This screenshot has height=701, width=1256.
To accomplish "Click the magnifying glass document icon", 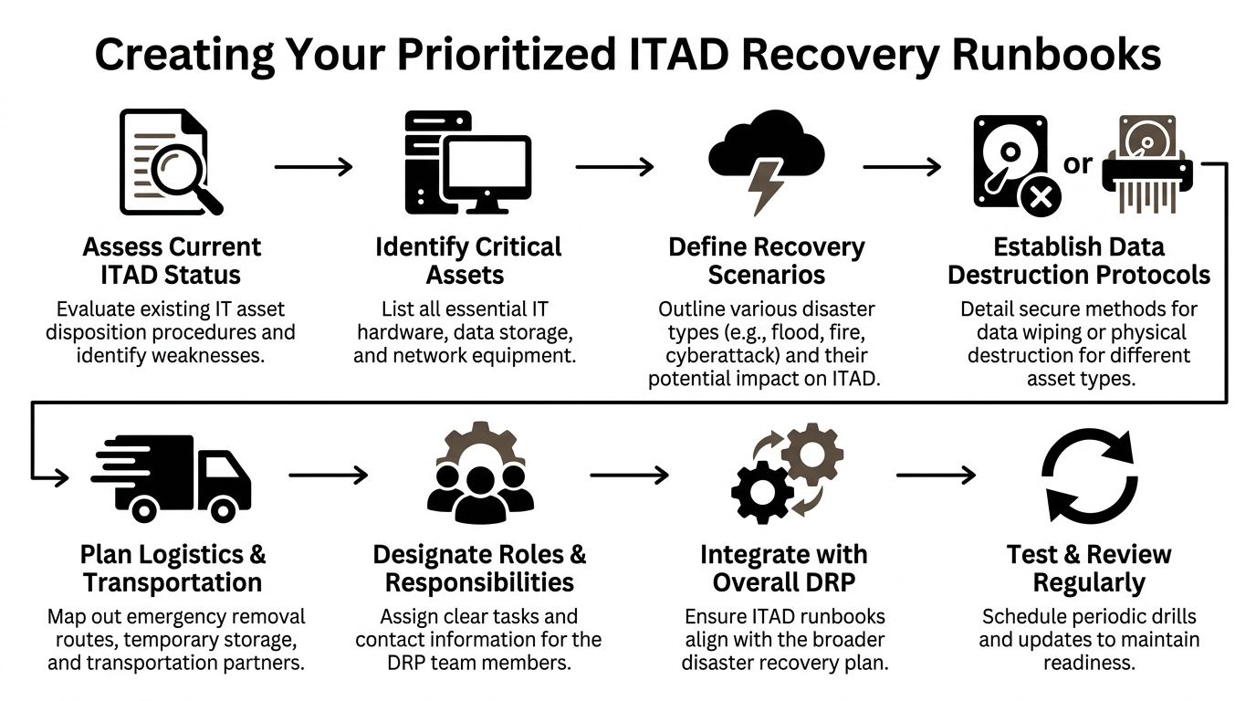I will point(172,162).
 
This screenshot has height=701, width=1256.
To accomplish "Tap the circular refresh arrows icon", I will point(1088,475).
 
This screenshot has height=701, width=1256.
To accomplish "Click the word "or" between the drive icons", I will point(1078,163).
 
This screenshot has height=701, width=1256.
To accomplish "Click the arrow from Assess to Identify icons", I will point(313,166).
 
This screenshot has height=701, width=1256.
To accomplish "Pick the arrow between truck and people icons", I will point(328,475).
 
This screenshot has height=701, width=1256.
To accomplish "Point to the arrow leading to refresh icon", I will point(936,475).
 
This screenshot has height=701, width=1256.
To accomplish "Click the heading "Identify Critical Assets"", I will point(468,261).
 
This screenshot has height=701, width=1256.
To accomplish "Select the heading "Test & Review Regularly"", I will point(1088,569).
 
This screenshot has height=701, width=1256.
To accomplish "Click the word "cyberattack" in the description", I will point(708,355).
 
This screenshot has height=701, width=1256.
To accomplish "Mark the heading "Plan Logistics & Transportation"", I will point(173,569).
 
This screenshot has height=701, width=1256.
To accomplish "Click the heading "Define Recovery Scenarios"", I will point(766,261).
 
